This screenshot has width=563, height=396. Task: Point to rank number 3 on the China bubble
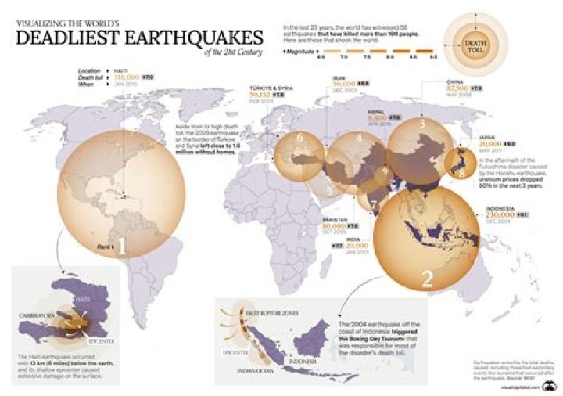[x=421, y=123]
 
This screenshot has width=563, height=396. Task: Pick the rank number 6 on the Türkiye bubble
[x=299, y=139]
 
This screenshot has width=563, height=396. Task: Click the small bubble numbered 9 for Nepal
[x=385, y=171]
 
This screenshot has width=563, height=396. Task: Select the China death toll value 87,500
[x=457, y=90]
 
